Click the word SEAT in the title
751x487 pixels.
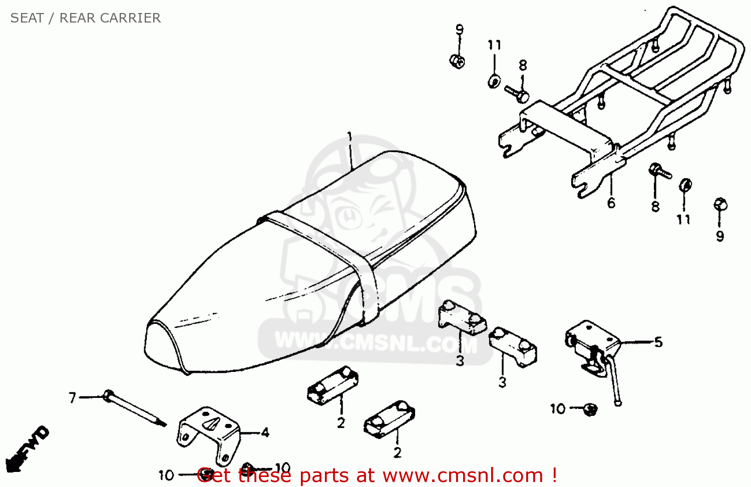pos(27,18)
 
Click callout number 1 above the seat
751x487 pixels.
pos(349,137)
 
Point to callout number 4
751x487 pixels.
pos(265,433)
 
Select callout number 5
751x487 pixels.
pos(658,342)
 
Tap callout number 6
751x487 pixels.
pos(611,203)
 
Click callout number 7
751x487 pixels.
pos(73,398)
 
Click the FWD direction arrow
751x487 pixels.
pos(28,449)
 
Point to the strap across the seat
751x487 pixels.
pos(322,265)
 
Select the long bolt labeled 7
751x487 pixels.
pos(135,408)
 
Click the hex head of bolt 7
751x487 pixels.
pos(107,395)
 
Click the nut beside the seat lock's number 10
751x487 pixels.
pos(590,409)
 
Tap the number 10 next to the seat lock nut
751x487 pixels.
pos(558,409)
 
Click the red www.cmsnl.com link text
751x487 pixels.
pos(463,475)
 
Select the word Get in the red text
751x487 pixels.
pos(215,475)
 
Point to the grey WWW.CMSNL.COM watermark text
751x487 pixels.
pos(375,342)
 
